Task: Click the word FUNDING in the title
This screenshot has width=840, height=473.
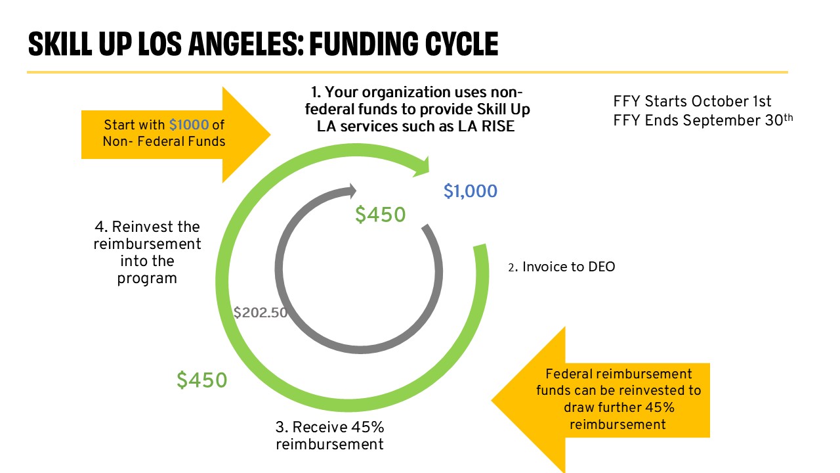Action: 364,44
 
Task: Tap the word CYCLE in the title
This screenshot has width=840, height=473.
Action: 461,44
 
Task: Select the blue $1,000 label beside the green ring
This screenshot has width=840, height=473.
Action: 471,191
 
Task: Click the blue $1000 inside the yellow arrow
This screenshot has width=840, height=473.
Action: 188,125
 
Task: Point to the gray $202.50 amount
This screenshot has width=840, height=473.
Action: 261,312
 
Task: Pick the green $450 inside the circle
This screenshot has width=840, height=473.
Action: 380,214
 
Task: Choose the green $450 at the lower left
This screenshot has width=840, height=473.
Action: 201,380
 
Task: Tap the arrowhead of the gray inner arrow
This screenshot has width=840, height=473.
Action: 352,191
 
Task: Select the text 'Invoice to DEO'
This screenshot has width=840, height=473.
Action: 568,267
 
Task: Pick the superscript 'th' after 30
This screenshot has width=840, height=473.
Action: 788,117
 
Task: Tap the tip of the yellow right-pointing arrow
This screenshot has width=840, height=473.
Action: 270,135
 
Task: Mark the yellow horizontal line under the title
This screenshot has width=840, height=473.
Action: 408,72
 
